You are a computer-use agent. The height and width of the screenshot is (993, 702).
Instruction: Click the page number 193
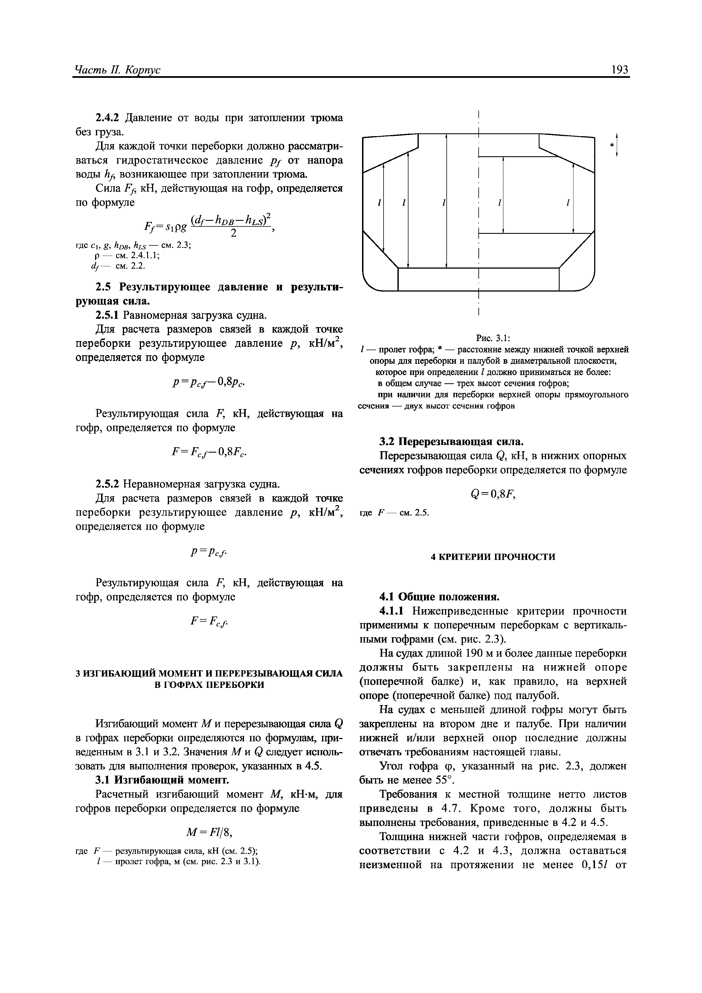pos(619,70)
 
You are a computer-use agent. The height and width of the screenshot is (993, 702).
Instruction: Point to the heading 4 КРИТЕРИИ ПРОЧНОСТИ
pos(493,557)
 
